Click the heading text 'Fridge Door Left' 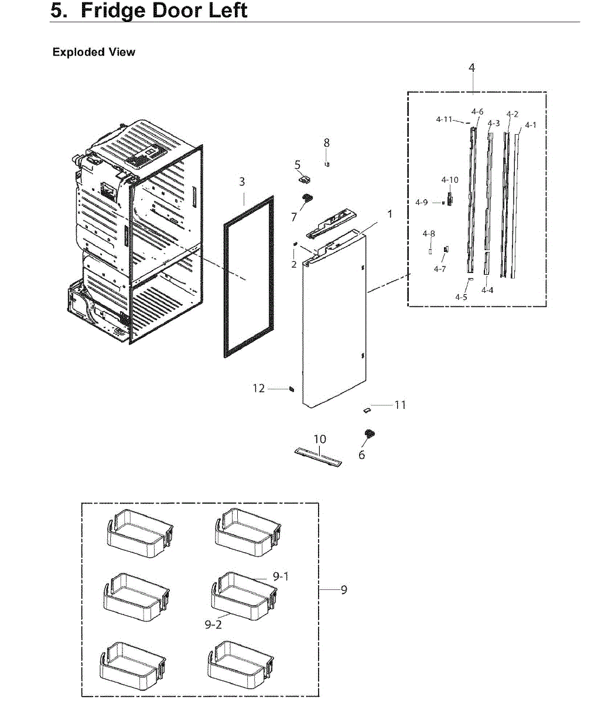point(163,11)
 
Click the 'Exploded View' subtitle point(94,52)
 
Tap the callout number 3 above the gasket point(242,182)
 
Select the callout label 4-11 point(444,120)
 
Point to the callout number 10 point(320,439)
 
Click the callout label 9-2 point(213,624)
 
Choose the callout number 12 point(259,388)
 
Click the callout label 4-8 point(429,234)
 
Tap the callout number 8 point(327,143)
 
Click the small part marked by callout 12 point(291,389)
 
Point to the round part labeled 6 point(370,434)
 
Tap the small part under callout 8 point(328,164)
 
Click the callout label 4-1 point(531,125)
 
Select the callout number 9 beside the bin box point(344,589)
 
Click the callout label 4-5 point(462,297)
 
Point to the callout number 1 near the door point(390,214)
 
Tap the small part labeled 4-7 point(446,250)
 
